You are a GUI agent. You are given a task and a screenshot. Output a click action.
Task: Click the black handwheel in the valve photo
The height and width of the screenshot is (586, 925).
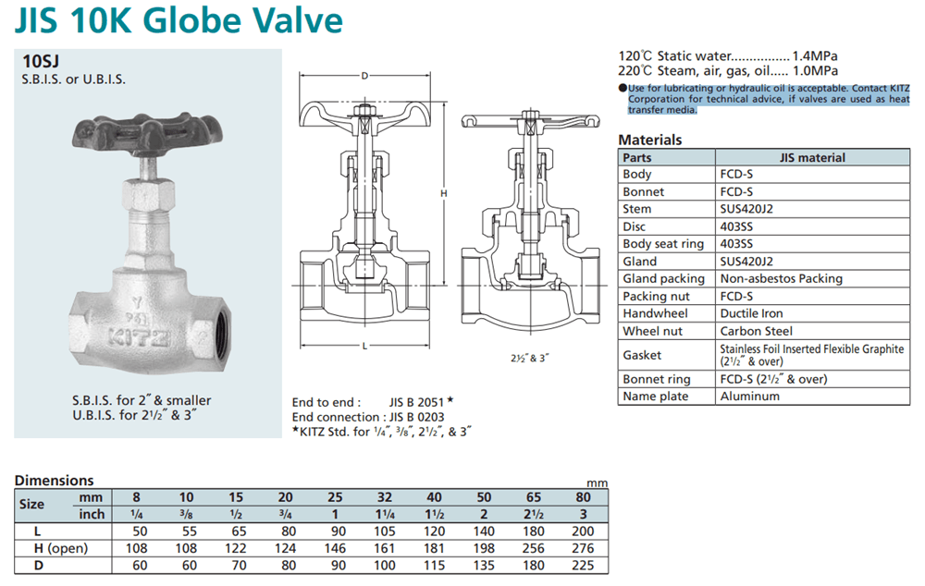pyautogui.click(x=147, y=133)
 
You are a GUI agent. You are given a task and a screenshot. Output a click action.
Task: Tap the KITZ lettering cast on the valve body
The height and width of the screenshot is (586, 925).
pyautogui.click(x=140, y=337)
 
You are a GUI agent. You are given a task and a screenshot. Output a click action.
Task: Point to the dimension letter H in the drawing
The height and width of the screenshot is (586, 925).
pyautogui.click(x=444, y=193)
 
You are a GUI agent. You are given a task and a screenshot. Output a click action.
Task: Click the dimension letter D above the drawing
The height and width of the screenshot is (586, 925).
pyautogui.click(x=364, y=76)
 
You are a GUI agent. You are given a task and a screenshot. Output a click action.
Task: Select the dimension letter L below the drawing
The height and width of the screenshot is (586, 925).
pyautogui.click(x=364, y=346)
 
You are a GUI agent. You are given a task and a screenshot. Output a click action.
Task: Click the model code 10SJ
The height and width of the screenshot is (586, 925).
pyautogui.click(x=41, y=61)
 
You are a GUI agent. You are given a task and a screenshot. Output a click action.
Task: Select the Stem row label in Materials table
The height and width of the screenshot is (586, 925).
pyautogui.click(x=637, y=209)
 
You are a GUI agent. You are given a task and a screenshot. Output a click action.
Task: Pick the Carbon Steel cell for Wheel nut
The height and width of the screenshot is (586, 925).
pyautogui.click(x=757, y=331)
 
